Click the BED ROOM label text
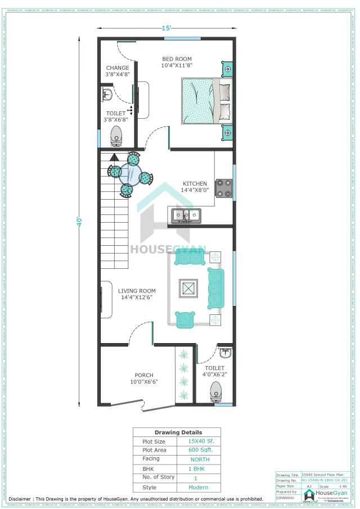click(177, 59)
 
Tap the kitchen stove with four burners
click(224, 188)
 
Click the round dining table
click(130, 173)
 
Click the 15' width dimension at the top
click(166, 28)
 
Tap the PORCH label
click(143, 375)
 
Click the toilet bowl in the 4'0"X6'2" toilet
click(215, 390)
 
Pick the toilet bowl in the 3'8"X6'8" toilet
click(116, 135)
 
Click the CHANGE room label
click(117, 68)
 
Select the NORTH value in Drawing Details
click(200, 459)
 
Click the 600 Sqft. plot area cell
click(200, 450)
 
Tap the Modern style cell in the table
click(200, 487)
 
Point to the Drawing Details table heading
click(177, 432)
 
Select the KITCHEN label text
click(195, 183)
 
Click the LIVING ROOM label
click(136, 291)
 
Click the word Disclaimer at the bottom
click(21, 498)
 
